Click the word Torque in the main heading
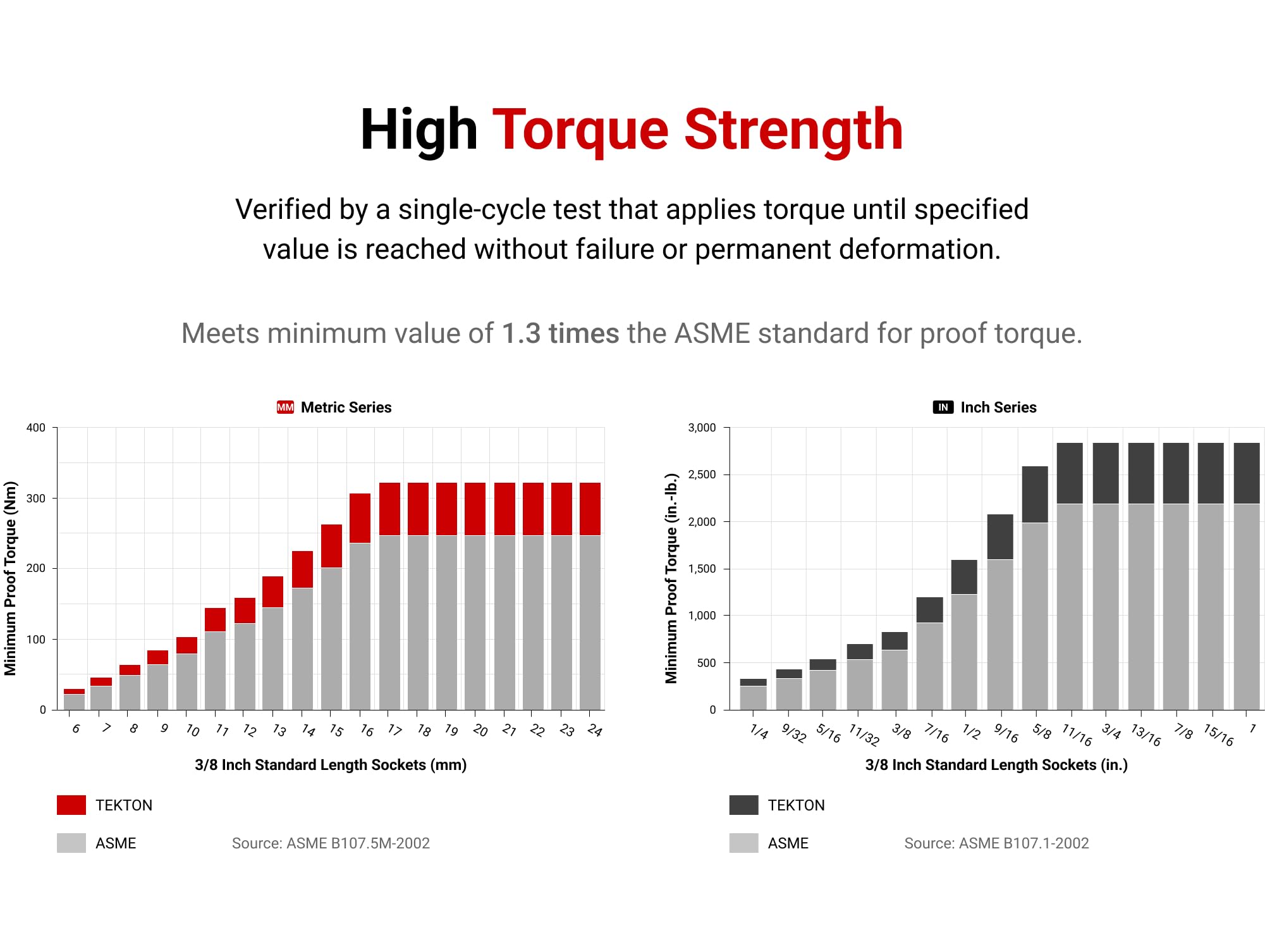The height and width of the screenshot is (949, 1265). [580, 130]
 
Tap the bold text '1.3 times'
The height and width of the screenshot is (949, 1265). [560, 333]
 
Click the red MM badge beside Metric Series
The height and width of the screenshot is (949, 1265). [285, 407]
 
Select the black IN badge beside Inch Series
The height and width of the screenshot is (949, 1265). [943, 407]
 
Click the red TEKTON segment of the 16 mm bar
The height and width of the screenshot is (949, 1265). [360, 518]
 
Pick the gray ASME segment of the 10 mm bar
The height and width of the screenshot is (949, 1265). [186, 681]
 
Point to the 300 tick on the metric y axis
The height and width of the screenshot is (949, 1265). [36, 499]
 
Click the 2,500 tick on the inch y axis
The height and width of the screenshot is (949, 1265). [702, 475]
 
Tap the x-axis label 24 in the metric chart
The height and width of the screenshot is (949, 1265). [594, 731]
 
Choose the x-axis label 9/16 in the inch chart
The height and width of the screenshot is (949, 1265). [1006, 733]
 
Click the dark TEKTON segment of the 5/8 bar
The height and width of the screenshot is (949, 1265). [1035, 494]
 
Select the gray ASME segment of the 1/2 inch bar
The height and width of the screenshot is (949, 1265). [964, 652]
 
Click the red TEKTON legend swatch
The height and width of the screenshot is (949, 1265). [71, 805]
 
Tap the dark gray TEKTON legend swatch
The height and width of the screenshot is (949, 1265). [743, 805]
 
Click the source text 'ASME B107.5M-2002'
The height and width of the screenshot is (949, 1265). [358, 843]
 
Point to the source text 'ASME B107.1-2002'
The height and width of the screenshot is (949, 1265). [1024, 843]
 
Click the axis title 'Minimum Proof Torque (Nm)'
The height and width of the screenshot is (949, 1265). [10, 578]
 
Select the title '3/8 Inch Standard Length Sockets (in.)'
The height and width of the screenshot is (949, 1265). [996, 765]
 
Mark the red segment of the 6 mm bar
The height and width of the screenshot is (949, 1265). [74, 692]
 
